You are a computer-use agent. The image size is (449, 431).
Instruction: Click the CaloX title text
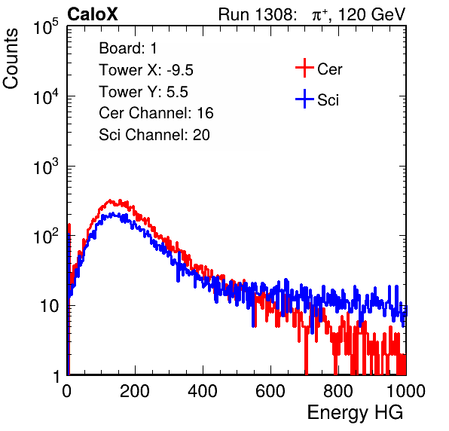pos(92,14)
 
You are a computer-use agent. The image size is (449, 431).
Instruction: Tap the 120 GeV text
pos(372,14)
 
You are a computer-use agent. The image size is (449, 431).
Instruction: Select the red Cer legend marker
pos(304,68)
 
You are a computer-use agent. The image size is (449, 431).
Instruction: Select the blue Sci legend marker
pos(304,99)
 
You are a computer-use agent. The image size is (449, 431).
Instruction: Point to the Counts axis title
pos(11,59)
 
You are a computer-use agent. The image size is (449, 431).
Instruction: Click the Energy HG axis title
pos(356,413)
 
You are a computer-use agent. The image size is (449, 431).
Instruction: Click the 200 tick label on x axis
pos(135,391)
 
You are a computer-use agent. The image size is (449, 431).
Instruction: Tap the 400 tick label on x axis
pos(203,391)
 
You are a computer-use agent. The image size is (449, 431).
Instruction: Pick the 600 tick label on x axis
pos(270,391)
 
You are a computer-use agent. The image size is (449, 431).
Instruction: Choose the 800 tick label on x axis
pos(338,391)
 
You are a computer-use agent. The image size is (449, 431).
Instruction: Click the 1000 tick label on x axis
pos(406,391)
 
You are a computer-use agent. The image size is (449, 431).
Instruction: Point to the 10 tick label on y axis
pos(50,306)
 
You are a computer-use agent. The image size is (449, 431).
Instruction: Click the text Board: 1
pos(128,48)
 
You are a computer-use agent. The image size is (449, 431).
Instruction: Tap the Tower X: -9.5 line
pos(146,70)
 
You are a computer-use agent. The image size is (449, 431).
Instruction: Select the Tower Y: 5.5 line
pos(143,92)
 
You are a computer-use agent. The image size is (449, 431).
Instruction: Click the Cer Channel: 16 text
pos(156,113)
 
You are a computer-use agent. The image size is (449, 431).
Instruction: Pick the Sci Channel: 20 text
pos(154,135)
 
